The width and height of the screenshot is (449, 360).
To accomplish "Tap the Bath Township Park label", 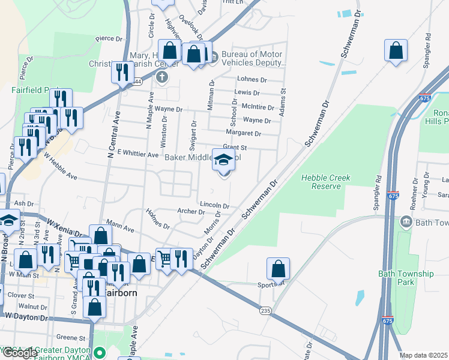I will [406, 277].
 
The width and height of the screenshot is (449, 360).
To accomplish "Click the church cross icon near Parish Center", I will [161, 77].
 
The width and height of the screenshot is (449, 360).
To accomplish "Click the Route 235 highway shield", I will [265, 310].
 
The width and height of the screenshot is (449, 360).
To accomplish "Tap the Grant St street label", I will [235, 147].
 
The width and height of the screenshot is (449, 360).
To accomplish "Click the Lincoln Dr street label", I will [214, 205].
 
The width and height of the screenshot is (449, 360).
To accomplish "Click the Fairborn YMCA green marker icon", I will [101, 352].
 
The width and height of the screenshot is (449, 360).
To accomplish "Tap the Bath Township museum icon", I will [406, 223].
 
